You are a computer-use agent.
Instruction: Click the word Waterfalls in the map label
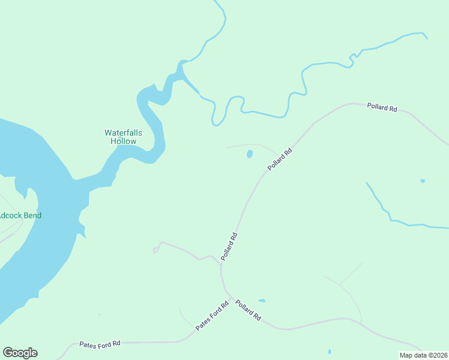[x=123, y=133]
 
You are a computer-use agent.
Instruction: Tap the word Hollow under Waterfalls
[x=123, y=142]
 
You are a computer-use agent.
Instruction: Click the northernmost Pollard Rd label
[x=382, y=109]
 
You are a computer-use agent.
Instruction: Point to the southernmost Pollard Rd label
[x=248, y=309]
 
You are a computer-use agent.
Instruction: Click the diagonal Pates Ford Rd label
[x=212, y=316]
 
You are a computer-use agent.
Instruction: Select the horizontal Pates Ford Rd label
[x=100, y=344]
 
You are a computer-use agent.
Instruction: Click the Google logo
[x=20, y=353]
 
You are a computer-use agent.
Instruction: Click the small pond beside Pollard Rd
[x=249, y=154]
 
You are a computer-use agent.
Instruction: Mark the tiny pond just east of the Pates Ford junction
[x=262, y=301]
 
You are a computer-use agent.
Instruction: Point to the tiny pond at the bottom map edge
[x=330, y=352]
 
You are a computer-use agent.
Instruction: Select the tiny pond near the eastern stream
[x=423, y=181]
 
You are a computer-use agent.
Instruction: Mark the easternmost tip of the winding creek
[x=427, y=38]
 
